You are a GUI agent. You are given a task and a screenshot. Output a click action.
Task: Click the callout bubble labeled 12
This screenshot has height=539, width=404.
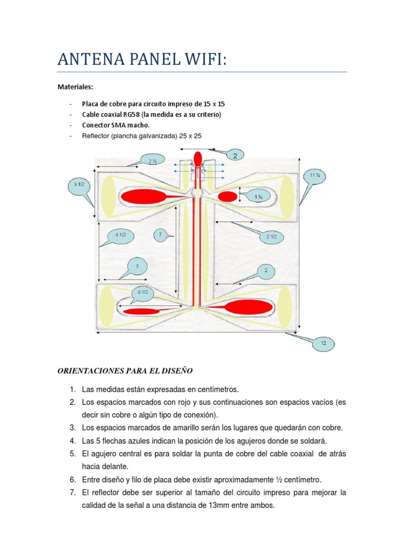324,343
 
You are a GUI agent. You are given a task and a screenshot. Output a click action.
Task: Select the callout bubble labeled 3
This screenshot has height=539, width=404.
137,266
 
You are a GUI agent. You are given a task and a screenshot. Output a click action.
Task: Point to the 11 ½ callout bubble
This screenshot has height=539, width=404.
315,175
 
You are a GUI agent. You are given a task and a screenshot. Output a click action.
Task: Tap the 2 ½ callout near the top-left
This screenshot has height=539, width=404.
153,161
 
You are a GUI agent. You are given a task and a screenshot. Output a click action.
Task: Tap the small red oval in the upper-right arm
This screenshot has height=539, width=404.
227,196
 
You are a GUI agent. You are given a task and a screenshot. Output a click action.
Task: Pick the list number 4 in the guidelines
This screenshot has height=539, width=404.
72,440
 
